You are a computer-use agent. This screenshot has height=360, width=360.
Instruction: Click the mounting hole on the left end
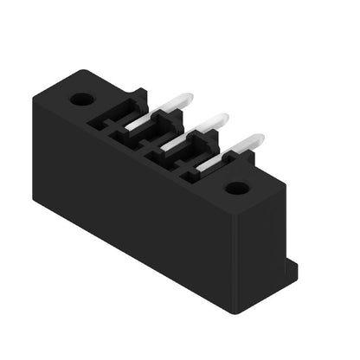click(82, 99)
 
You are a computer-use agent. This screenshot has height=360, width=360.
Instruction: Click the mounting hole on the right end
click(236, 188)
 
